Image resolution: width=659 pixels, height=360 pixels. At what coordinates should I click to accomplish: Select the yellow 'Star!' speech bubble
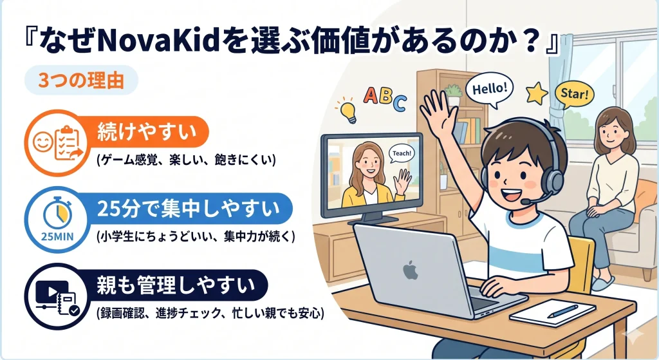[x=573, y=94]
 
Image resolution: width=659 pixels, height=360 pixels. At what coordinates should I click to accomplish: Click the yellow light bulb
[x=348, y=110]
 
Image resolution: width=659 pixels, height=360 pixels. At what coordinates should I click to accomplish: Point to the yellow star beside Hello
[x=535, y=93]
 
